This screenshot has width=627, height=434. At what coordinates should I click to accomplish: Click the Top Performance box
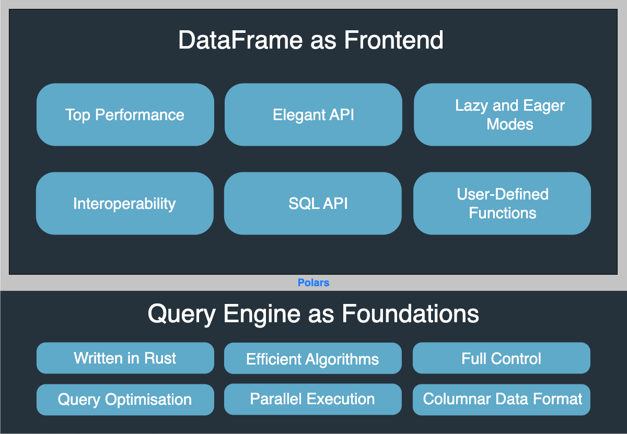pos(125,114)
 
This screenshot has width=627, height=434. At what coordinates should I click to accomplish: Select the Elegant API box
pos(313,114)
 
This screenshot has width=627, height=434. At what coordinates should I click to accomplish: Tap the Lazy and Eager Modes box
pos(503,114)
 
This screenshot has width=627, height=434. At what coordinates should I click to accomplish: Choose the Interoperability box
pos(124,203)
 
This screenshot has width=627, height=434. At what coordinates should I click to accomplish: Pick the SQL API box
pos(312,203)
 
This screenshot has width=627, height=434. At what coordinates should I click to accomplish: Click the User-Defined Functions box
pos(502,203)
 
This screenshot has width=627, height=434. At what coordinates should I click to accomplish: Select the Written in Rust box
pos(125,358)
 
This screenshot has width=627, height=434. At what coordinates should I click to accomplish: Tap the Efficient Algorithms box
pos(312,358)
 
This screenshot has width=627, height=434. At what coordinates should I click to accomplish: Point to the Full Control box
pos(501,358)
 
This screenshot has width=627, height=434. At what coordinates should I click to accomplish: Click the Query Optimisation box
pos(125,400)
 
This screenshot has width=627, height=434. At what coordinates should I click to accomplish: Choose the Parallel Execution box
pos(312,399)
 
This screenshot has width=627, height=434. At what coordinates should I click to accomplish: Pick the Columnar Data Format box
pos(501,400)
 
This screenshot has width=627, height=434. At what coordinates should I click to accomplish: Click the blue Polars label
pos(313,283)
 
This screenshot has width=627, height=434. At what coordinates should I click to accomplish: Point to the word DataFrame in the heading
pos(240,40)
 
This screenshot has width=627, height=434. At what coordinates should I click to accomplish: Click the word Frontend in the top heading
pos(393,40)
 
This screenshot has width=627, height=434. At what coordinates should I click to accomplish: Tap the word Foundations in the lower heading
pos(410,314)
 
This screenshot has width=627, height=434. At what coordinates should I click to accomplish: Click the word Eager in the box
pos(544,107)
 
